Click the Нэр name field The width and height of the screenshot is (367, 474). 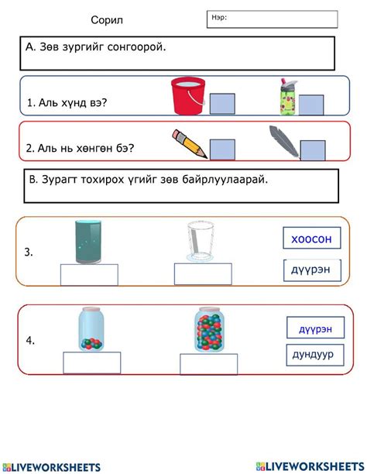pos(272,19)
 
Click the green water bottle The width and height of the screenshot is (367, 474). pos(286,97)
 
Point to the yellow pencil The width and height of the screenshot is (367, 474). pos(190,143)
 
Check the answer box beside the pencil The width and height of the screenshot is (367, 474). pos(221,149)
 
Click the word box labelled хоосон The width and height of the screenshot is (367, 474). pos(311,239)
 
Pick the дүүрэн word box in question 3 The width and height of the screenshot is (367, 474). pos(312,270)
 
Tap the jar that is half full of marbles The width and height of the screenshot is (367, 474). pos(92,331)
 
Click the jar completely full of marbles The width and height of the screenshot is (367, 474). pos(209,331)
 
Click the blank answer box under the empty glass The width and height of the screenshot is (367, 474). pos(202,274)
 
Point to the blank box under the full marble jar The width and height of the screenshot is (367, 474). pos(209,364)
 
